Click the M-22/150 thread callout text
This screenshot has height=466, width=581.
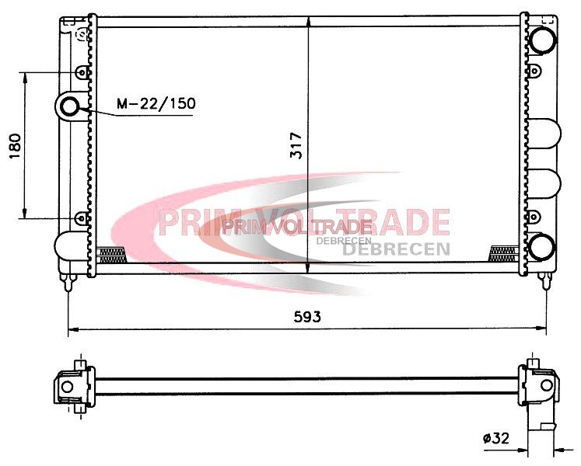[x=156, y=103]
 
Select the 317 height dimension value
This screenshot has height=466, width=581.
[x=296, y=145]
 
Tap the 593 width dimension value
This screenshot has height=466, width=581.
[x=307, y=316]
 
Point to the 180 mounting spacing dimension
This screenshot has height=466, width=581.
[x=15, y=146]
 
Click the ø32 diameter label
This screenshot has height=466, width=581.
[x=496, y=438]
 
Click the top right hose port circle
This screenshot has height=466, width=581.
[x=542, y=39]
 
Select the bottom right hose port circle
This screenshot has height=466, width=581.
[x=542, y=246]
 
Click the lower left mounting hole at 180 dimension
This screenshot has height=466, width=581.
[x=81, y=218]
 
